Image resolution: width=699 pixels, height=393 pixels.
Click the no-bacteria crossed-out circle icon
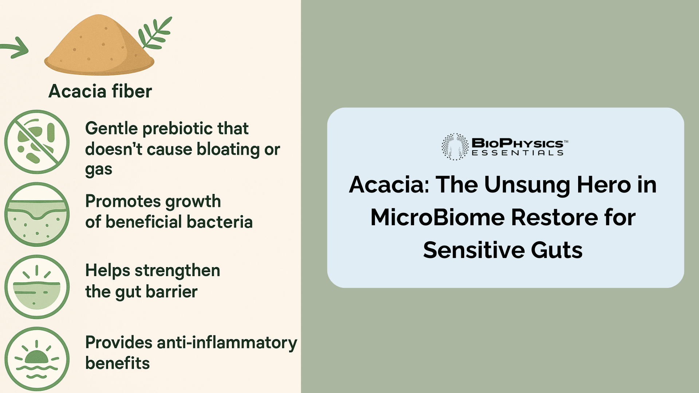pos(37,142)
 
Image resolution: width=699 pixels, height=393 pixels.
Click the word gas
pos(98,170)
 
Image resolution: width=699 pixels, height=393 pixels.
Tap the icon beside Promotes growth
pos(37,214)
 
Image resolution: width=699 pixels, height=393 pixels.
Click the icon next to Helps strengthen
pos(37,287)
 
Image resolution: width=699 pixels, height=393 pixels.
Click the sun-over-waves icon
pos(37,359)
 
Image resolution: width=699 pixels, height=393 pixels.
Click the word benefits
pos(117,364)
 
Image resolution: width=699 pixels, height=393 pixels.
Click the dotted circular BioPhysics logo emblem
pos(455,147)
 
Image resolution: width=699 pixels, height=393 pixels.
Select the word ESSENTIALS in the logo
pos(517,153)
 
